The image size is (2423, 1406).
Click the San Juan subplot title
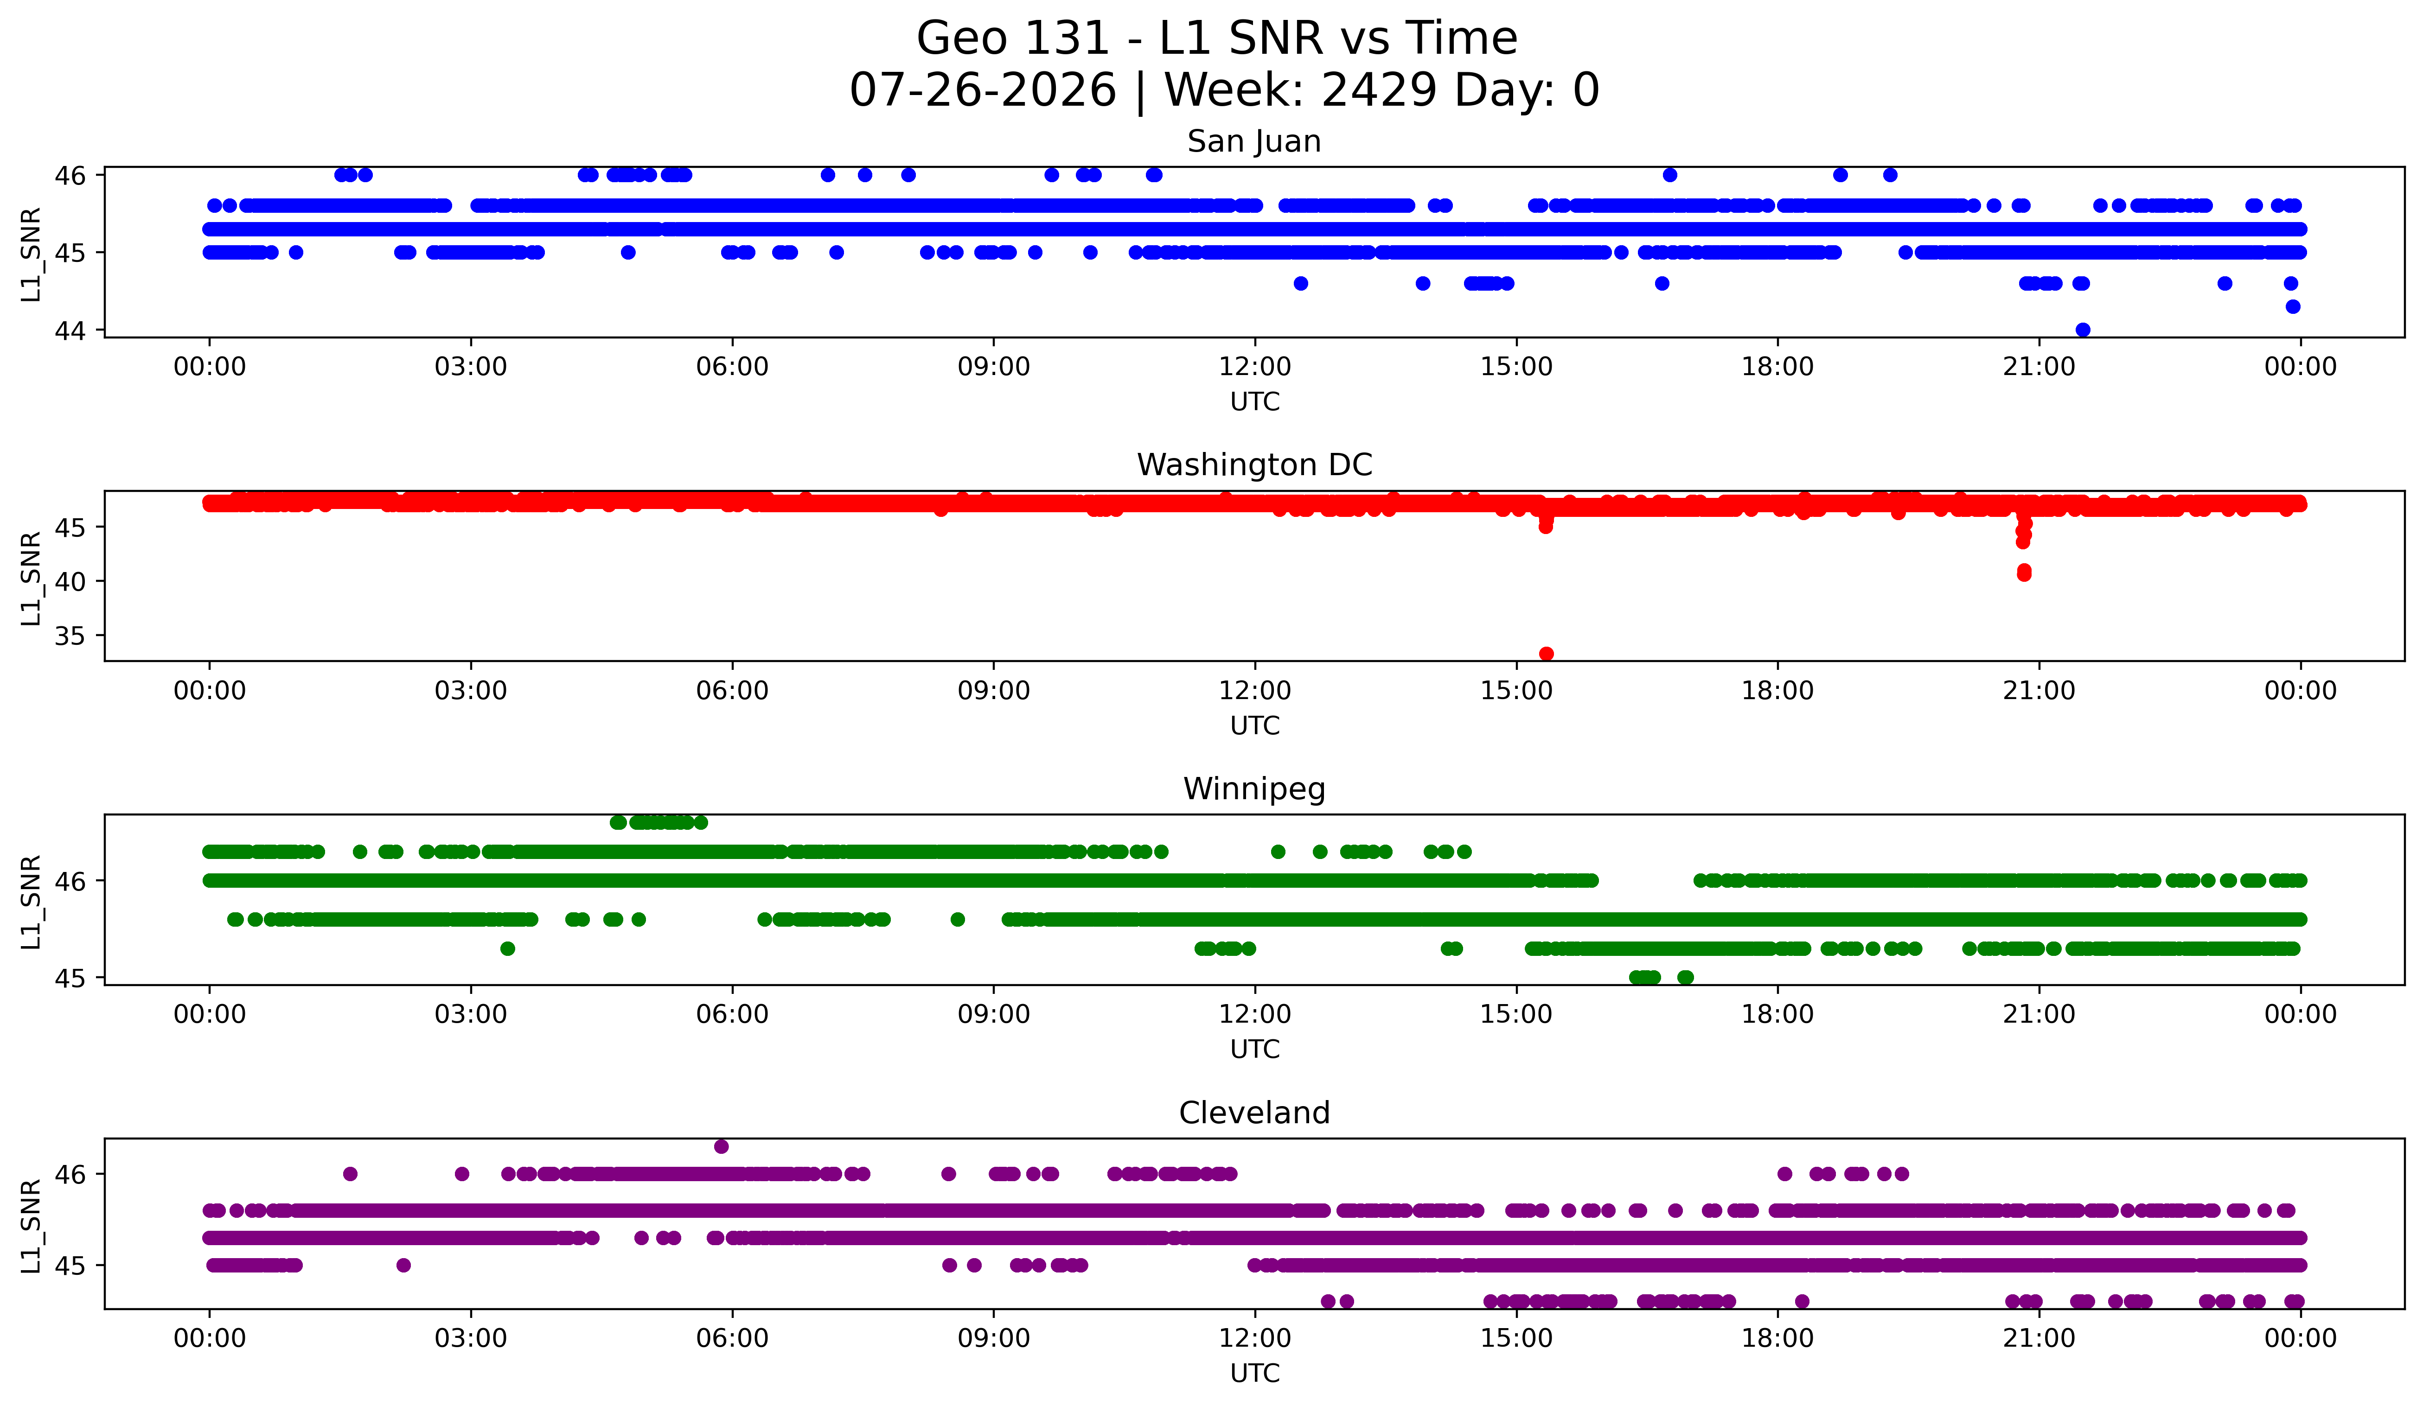1254,141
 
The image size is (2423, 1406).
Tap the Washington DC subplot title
1254,465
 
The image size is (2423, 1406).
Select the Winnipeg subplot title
1254,789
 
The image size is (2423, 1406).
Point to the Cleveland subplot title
1254,1113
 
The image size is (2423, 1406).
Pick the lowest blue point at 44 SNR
2083,330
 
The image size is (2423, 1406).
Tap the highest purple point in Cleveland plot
721,1146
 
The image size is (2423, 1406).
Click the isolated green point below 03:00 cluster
508,948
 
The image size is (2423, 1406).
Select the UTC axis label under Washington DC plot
1255,725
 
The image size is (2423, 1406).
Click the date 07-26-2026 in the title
983,90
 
